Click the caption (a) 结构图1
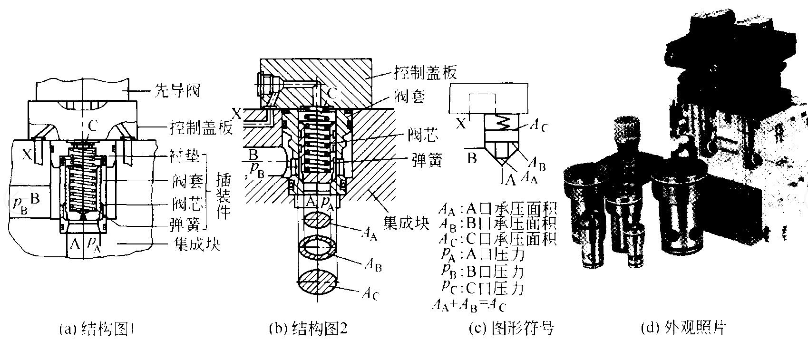(x=98, y=329)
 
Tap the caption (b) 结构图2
(x=308, y=329)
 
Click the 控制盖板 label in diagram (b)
(x=425, y=72)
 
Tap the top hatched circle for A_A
(x=319, y=222)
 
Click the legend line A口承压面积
(x=497, y=209)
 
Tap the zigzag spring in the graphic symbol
(x=504, y=124)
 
